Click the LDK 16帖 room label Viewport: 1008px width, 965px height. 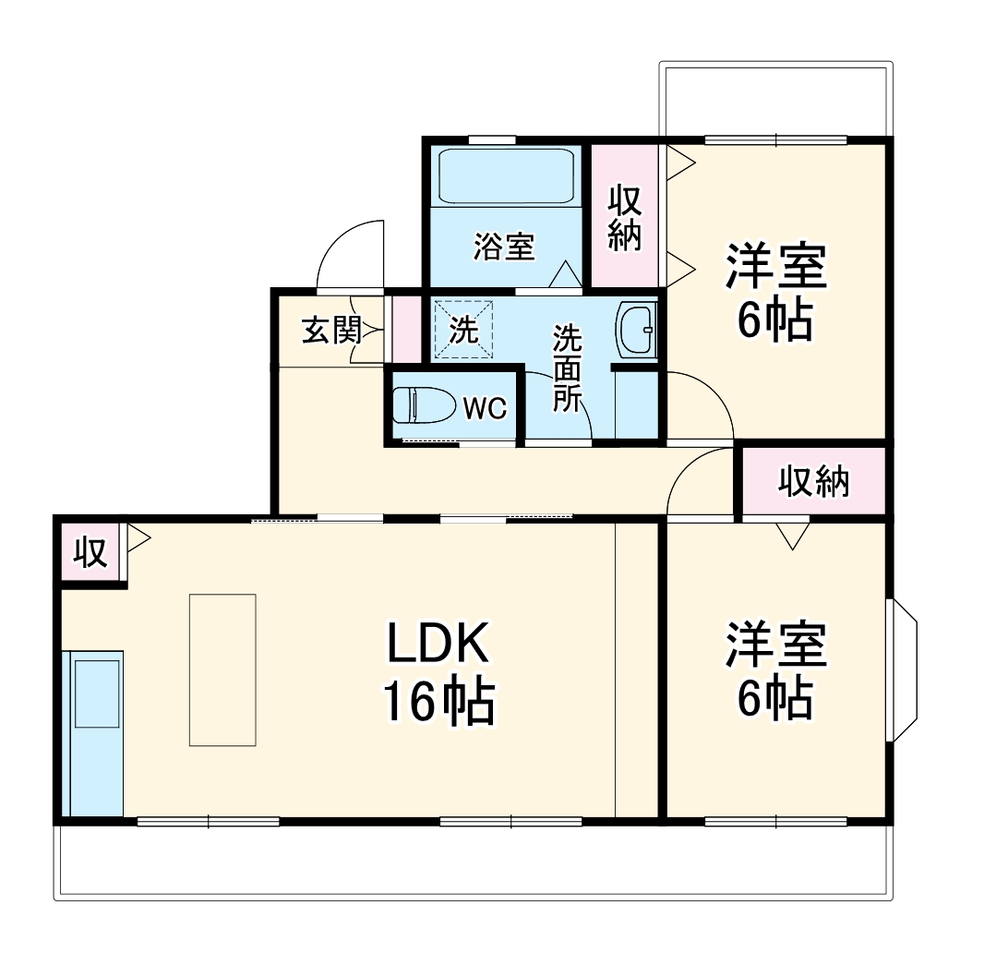tap(438, 674)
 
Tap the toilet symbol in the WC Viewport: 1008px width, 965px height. tap(423, 405)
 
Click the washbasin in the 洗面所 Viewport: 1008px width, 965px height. tap(636, 329)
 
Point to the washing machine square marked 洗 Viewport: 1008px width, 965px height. tap(463, 329)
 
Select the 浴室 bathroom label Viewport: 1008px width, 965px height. tap(505, 247)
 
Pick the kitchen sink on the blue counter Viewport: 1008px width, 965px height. tap(97, 693)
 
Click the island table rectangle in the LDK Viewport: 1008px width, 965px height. tap(222, 669)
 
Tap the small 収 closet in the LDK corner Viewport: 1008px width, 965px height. tap(90, 553)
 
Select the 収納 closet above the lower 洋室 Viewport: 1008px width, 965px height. tap(812, 480)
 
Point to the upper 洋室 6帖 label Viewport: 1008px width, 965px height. tap(774, 291)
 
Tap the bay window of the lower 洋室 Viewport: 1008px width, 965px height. tap(904, 669)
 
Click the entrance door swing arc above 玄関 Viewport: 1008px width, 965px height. tap(349, 254)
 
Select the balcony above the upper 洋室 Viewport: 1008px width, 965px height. tap(775, 99)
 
